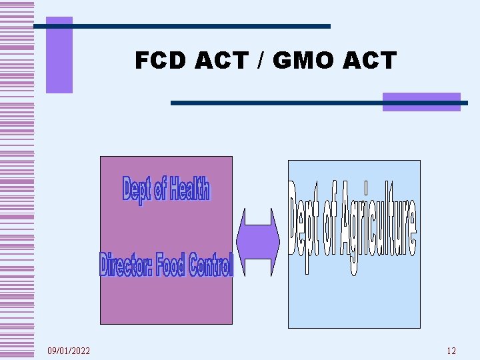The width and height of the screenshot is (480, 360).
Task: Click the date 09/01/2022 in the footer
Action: (69, 351)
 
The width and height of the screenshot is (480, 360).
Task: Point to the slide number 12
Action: (451, 351)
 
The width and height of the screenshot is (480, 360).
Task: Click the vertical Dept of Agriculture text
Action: (354, 227)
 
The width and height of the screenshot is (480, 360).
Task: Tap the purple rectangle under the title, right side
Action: (421, 101)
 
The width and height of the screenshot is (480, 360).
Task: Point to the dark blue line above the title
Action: (182, 26)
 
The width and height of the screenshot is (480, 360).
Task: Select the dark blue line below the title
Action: (319, 103)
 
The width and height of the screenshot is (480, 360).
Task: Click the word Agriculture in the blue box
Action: (378, 227)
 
